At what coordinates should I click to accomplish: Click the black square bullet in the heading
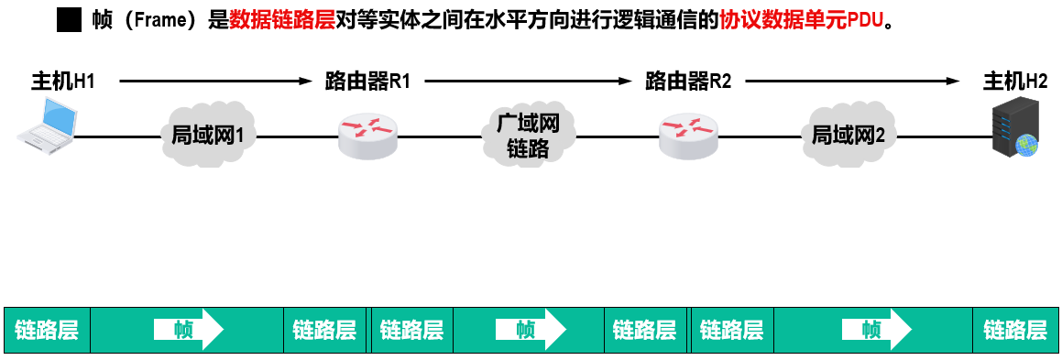click(70, 20)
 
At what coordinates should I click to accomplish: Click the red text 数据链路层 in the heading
click(282, 20)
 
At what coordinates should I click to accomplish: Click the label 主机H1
click(63, 82)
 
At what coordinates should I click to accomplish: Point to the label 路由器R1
click(367, 82)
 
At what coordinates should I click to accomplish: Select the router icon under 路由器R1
click(367, 136)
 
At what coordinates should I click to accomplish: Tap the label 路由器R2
click(688, 82)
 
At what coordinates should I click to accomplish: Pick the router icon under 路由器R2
click(688, 136)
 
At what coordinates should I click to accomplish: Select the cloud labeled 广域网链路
click(529, 136)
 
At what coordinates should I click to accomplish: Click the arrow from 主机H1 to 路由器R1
click(216, 82)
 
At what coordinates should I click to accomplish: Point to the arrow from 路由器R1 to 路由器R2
click(531, 82)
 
